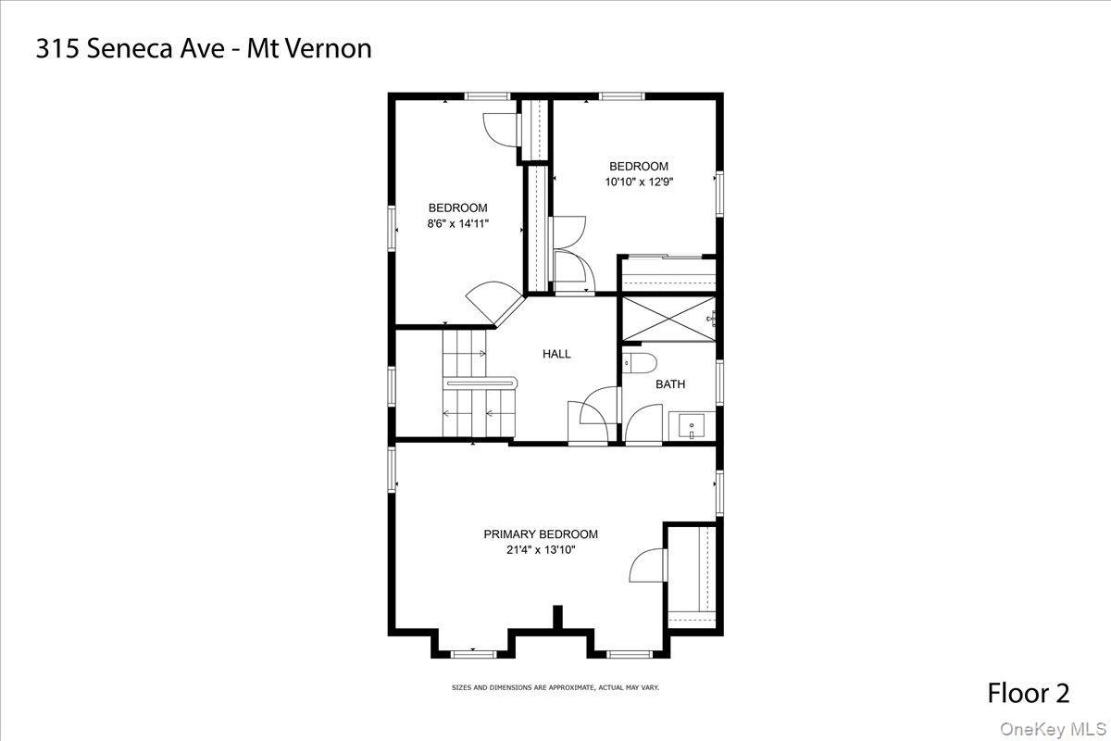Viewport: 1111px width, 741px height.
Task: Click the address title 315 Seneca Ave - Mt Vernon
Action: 204,49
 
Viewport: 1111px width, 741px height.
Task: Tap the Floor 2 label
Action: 1028,693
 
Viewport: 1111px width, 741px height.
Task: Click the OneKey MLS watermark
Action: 1056,729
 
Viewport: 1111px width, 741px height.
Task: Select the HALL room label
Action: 556,354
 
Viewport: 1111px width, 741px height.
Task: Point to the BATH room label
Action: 670,383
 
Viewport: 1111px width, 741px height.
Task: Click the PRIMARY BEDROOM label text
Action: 541,534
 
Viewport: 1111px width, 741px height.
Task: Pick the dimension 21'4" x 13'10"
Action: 541,549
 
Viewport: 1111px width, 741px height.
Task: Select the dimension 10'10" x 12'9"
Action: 639,182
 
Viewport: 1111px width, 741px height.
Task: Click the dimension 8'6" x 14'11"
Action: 457,223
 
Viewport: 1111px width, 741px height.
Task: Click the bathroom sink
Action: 691,427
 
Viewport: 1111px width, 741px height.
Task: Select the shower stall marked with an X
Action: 667,319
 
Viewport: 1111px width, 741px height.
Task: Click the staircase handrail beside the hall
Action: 480,380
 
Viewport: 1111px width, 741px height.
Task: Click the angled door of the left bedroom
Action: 495,302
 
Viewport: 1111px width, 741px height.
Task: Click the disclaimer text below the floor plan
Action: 555,687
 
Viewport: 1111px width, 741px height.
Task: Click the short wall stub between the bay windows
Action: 557,618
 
